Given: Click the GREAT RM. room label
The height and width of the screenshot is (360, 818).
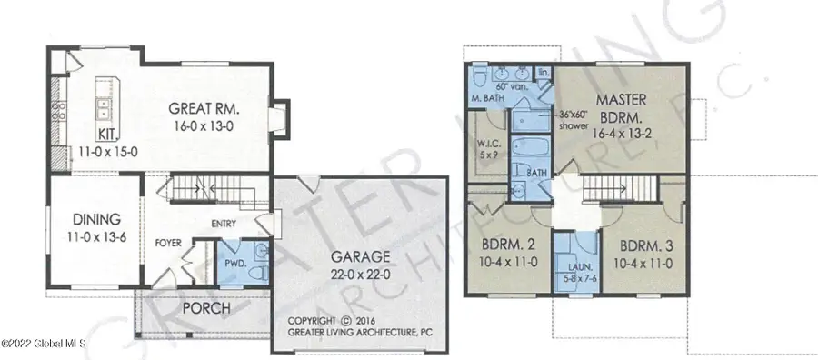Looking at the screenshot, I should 204,109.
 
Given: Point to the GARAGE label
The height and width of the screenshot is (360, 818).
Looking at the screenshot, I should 359,256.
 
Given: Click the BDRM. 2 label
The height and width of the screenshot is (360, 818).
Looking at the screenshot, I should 506,245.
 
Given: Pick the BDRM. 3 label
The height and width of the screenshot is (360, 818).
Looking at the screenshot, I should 647,245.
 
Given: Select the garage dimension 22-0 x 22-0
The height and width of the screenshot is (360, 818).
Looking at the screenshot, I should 359,273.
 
